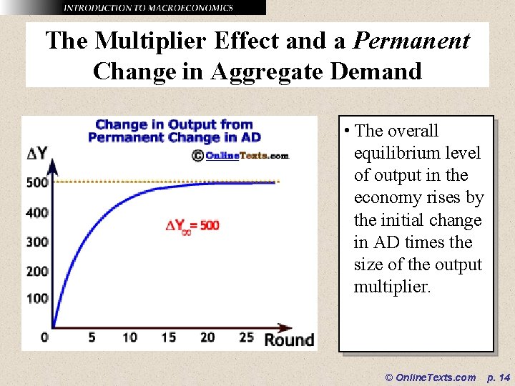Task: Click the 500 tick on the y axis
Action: (x=37, y=182)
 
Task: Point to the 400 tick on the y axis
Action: (x=37, y=212)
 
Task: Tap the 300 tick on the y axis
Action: (x=37, y=242)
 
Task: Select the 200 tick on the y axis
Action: (x=37, y=271)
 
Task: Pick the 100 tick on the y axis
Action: (x=37, y=298)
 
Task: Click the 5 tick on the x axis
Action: (x=92, y=337)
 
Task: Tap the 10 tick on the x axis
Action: (x=129, y=337)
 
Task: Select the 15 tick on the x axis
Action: (x=168, y=337)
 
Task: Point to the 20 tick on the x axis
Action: (x=207, y=337)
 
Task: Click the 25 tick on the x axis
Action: (x=246, y=337)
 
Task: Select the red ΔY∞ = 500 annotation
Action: (x=192, y=226)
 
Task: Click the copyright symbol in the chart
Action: (x=197, y=155)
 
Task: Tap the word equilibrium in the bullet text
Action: (x=417, y=153)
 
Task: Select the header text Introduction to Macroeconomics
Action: (x=148, y=8)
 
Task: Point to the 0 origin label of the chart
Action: (x=44, y=337)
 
